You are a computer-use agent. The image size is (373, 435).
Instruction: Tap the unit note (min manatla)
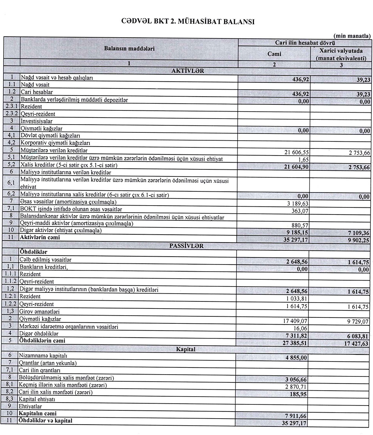coord(352,36)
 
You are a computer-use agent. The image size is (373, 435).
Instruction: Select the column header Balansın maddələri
coord(129,48)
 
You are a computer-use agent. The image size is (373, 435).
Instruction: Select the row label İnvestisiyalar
coord(37,121)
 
